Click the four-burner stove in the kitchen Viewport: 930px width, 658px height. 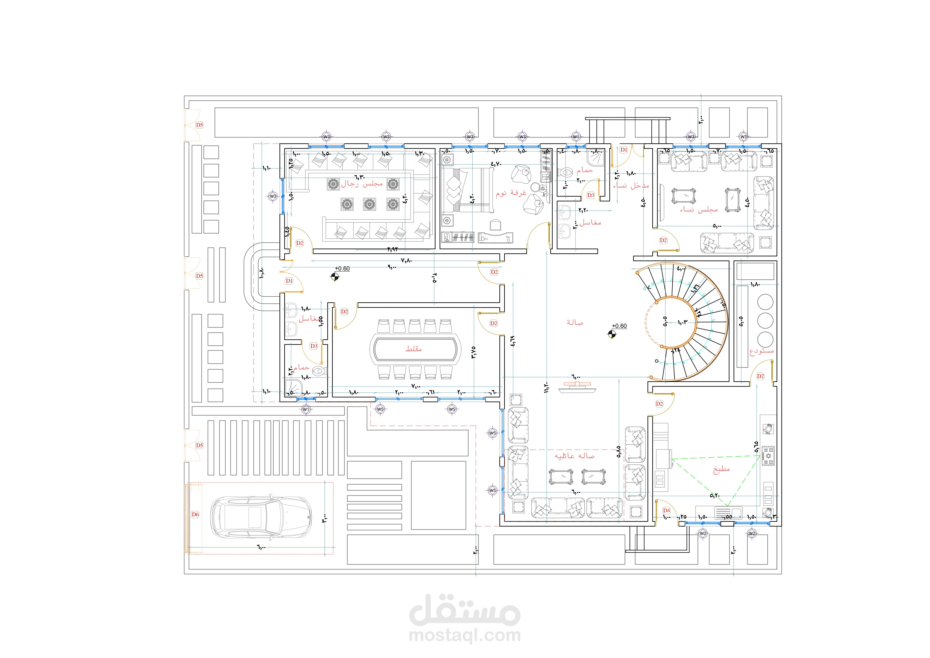(x=768, y=455)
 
